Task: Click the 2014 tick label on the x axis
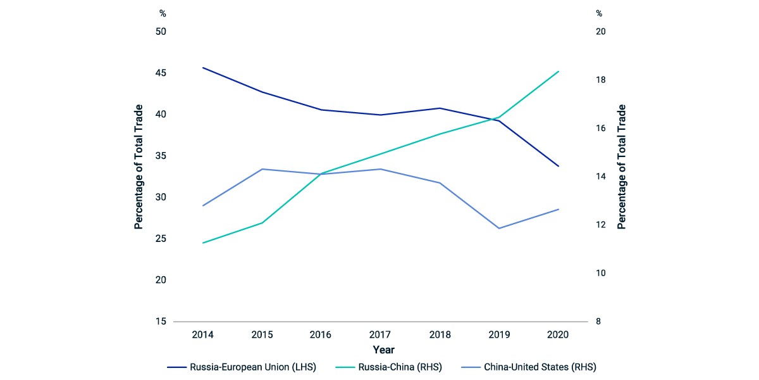pyautogui.click(x=202, y=334)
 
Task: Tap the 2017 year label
pyautogui.click(x=380, y=334)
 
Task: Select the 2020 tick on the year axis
pyautogui.click(x=558, y=334)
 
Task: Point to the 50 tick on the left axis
pyautogui.click(x=161, y=32)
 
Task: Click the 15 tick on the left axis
pyautogui.click(x=161, y=321)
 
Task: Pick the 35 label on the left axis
pyautogui.click(x=161, y=156)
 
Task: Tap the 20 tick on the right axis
pyautogui.click(x=600, y=32)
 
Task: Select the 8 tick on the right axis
pyautogui.click(x=598, y=321)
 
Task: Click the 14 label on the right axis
pyautogui.click(x=600, y=177)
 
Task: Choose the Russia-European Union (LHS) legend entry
pyautogui.click(x=242, y=367)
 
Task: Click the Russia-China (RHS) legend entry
pyautogui.click(x=389, y=367)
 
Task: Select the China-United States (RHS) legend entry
pyautogui.click(x=529, y=367)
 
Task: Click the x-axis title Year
pyautogui.click(x=383, y=350)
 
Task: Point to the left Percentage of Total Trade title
pyautogui.click(x=139, y=167)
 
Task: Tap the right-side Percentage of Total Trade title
pyautogui.click(x=621, y=167)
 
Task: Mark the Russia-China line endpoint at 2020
pyautogui.click(x=558, y=72)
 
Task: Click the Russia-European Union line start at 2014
pyautogui.click(x=202, y=68)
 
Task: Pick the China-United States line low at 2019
pyautogui.click(x=499, y=229)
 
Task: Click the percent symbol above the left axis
pyautogui.click(x=163, y=13)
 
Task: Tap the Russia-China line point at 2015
pyautogui.click(x=262, y=223)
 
